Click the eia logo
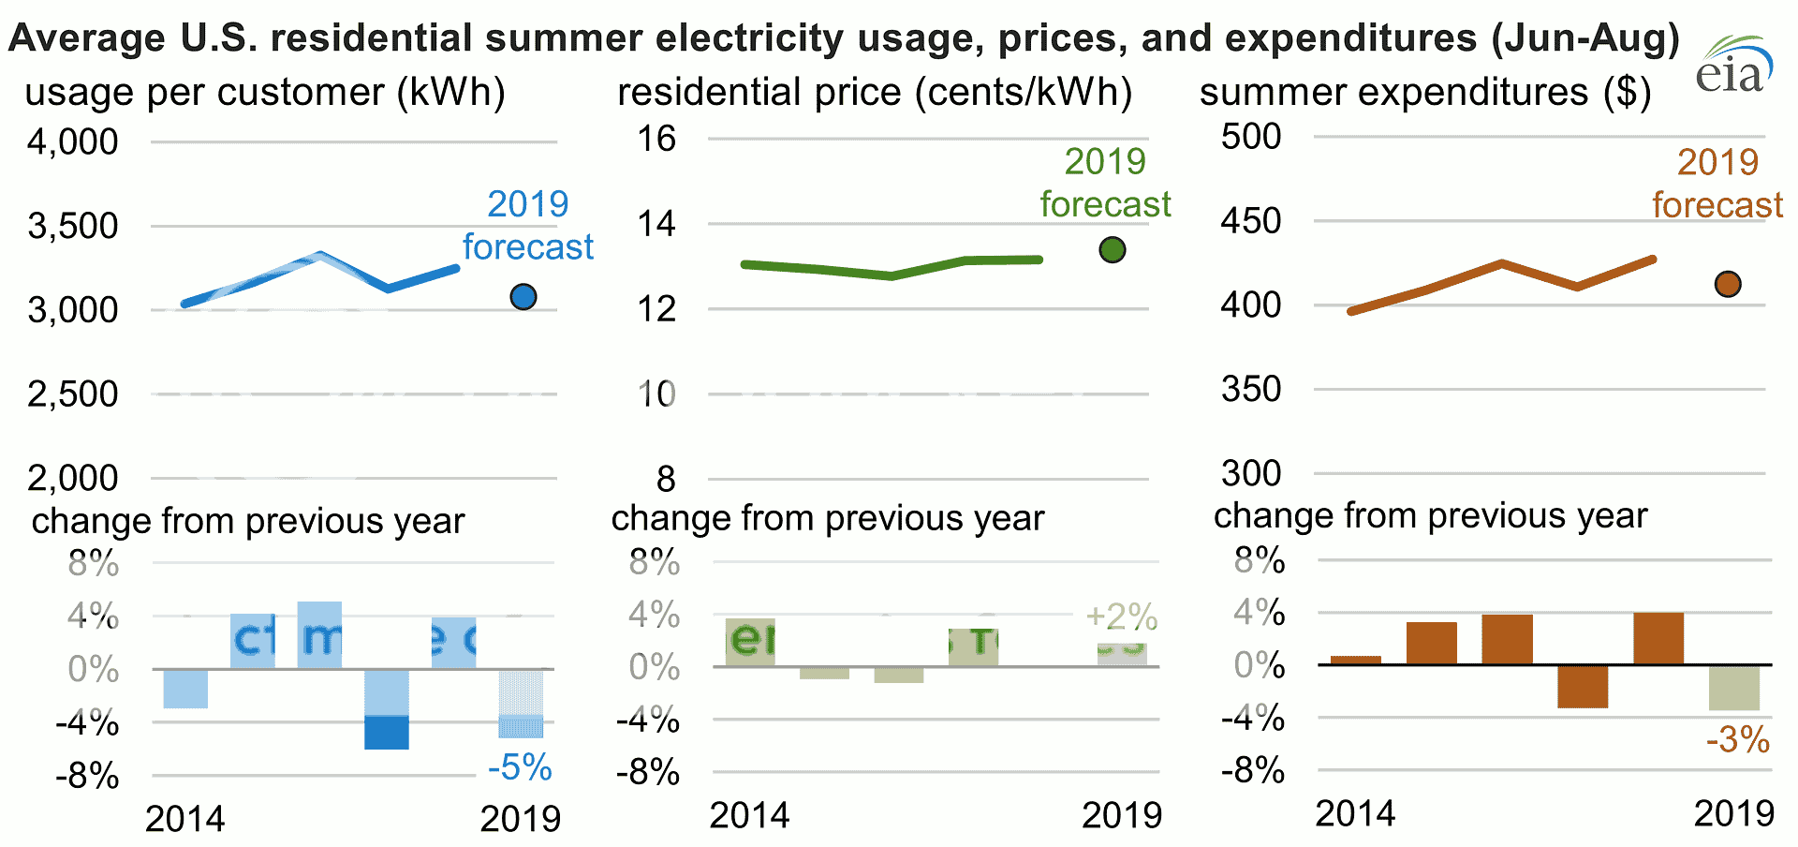(1733, 66)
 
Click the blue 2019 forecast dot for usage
(523, 297)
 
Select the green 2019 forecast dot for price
(1112, 250)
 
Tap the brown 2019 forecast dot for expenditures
(1728, 284)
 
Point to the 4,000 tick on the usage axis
(73, 142)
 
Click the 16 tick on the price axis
(656, 139)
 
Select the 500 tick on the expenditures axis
(1251, 137)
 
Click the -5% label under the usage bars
(520, 767)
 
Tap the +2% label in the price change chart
(1121, 617)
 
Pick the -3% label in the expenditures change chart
(1737, 740)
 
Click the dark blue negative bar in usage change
(387, 732)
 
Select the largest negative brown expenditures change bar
(1583, 686)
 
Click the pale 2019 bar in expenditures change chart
(1733, 688)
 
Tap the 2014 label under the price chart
(749, 816)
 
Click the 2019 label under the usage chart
(521, 819)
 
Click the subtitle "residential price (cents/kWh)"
(875, 92)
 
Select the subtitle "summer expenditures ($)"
(1424, 92)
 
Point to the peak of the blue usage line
(320, 255)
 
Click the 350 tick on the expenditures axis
(1251, 389)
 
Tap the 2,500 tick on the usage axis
(73, 394)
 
